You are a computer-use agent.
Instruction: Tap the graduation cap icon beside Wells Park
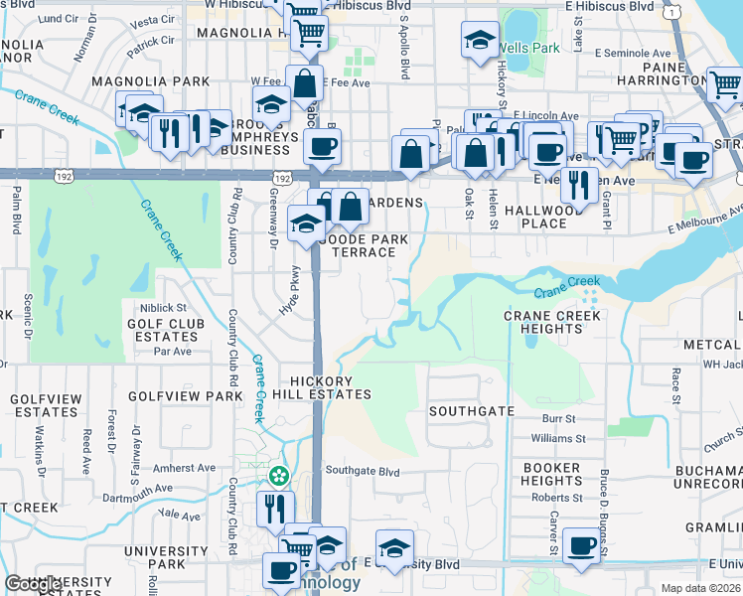coord(480,42)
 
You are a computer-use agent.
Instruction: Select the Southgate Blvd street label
coord(363,471)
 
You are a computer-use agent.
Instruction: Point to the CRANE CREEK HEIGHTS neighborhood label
coord(552,322)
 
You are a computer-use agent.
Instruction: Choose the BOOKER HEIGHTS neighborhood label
coord(551,474)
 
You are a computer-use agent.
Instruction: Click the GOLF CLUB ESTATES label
coord(166,330)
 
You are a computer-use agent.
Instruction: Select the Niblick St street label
coord(163,308)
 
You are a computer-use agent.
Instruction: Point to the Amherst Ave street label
coord(185,468)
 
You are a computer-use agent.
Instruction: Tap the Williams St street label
coord(553,437)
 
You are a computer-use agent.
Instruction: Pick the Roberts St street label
coord(556,497)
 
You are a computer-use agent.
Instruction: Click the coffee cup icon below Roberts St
coord(581,545)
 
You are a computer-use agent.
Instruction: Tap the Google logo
coord(33,584)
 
